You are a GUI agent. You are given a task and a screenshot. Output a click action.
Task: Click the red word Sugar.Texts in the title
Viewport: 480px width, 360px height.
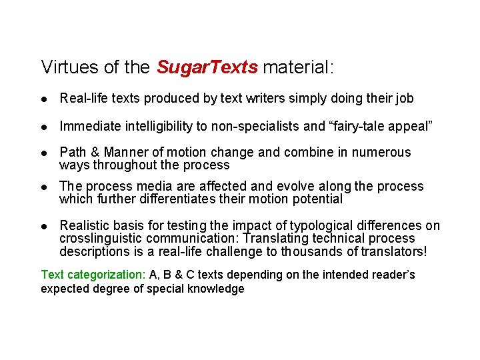(x=207, y=67)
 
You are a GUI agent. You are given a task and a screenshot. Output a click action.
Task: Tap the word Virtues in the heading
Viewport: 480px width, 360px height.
(x=65, y=67)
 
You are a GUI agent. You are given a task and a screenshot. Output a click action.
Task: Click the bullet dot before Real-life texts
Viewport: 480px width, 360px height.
(x=44, y=99)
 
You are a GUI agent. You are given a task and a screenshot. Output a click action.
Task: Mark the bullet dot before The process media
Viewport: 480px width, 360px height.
(x=44, y=186)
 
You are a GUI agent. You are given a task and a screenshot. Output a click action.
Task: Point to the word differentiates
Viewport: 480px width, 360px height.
(x=176, y=199)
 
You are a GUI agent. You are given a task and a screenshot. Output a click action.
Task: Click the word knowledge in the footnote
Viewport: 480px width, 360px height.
(x=216, y=289)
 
